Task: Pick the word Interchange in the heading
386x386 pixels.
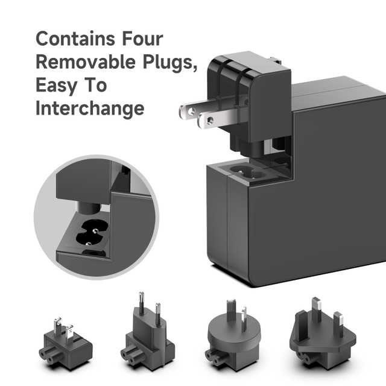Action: (x=90, y=108)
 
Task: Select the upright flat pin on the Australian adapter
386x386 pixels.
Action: (x=244, y=317)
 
